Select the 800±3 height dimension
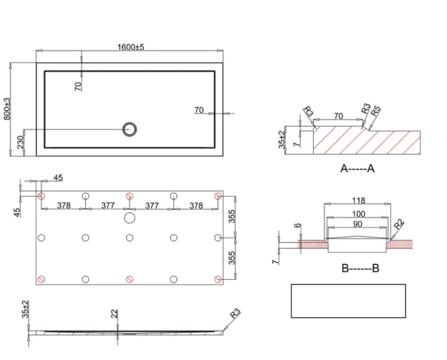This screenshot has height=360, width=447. [x=8, y=109]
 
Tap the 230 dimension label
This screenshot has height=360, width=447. [x=20, y=143]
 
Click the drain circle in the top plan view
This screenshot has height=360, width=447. [x=129, y=128]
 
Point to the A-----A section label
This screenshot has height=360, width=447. [x=357, y=169]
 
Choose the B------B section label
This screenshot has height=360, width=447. [x=360, y=269]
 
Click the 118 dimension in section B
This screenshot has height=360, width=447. [x=358, y=200]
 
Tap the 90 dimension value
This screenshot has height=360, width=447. [x=358, y=224]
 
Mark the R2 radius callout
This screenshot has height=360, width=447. [x=399, y=226]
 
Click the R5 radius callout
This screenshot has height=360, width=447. [x=375, y=111]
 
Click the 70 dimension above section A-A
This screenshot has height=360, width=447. [x=338, y=116]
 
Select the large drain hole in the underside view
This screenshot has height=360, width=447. [x=130, y=218]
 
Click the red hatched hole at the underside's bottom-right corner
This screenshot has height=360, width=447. [x=218, y=279]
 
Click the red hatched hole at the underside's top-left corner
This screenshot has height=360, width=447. [x=42, y=195]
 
